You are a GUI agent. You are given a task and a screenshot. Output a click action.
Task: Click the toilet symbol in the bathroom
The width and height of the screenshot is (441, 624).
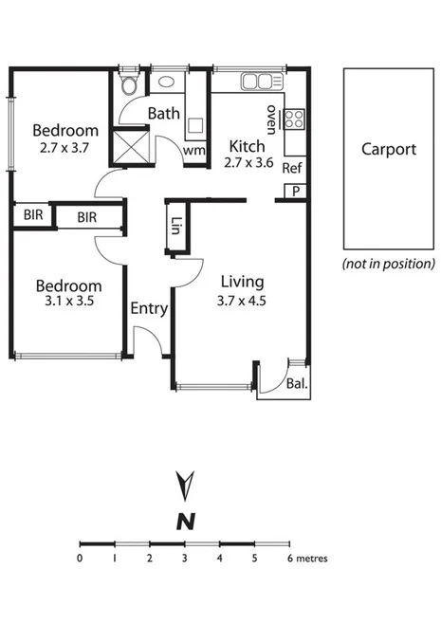[131, 86]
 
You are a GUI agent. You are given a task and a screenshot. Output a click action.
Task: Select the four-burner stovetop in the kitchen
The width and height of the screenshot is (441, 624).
[295, 119]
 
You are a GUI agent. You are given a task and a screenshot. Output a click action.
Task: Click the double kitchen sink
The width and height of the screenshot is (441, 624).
[256, 82]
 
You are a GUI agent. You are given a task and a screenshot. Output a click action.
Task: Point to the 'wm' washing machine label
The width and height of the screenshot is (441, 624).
[194, 150]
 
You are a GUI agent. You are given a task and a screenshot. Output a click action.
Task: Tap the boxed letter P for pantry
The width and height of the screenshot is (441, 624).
[296, 191]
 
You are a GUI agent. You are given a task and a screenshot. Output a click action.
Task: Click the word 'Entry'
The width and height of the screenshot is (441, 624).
[149, 308]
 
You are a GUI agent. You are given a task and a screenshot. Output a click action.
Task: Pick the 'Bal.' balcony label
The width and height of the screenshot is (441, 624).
[297, 384]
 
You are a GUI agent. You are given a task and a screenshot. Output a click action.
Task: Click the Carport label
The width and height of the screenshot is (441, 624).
[389, 149]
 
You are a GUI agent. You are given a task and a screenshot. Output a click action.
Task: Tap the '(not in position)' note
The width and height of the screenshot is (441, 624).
[389, 264]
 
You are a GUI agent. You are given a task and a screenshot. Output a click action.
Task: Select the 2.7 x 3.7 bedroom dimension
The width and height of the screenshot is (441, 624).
[65, 149]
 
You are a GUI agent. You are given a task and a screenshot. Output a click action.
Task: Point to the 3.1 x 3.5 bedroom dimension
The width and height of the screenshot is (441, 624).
[67, 303]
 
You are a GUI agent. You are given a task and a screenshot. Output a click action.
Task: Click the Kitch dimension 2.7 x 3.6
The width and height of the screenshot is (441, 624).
[248, 164]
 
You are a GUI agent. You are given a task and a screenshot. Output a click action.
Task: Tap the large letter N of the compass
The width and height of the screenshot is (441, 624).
[185, 520]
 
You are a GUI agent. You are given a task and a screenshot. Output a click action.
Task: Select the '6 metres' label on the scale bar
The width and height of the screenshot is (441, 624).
[308, 559]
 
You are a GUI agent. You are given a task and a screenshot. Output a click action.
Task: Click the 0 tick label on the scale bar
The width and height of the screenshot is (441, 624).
[81, 559]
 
